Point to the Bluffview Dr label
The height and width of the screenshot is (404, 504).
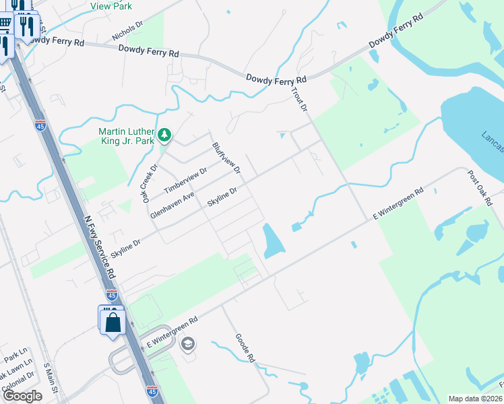[x=226, y=158]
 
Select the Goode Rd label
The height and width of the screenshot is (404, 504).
[x=245, y=349]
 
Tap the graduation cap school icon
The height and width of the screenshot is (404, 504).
[x=188, y=345]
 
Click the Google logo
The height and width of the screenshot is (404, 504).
[x=22, y=396]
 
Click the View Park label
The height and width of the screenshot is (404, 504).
[x=111, y=5]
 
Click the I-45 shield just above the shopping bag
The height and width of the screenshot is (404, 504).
[x=112, y=295]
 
